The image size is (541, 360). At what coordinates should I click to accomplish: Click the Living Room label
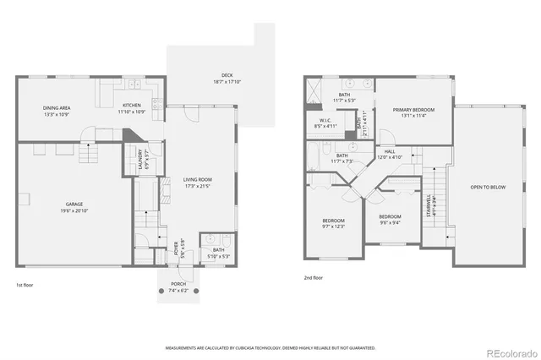tap(197, 182)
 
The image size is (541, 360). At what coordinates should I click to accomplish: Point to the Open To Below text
tap(488, 187)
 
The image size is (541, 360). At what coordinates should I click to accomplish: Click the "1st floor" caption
tap(25, 286)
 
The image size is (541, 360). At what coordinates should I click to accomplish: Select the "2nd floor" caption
tap(314, 277)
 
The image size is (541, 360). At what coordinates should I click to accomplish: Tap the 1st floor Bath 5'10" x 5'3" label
tap(217, 253)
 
